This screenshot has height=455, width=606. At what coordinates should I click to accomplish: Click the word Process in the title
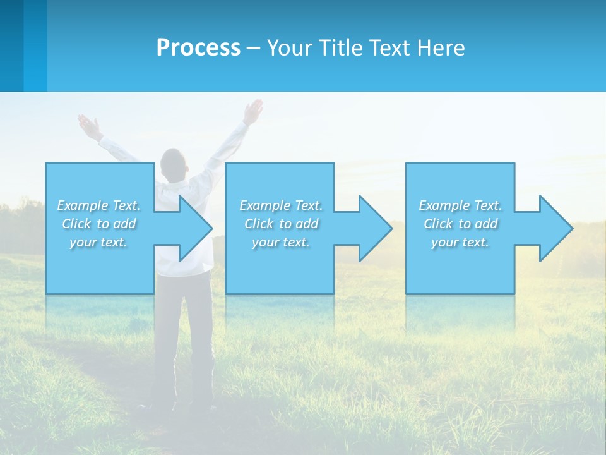[x=198, y=48]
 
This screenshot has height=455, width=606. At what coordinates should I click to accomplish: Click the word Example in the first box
[x=82, y=205]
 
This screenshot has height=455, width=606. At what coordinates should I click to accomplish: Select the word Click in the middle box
[x=258, y=224]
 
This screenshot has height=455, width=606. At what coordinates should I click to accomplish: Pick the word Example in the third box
[x=444, y=205]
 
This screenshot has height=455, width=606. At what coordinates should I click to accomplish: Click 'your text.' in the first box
[x=98, y=242]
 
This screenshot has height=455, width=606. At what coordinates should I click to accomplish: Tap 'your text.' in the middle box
[x=280, y=242]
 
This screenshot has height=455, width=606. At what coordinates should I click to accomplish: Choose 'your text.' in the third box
[x=460, y=242]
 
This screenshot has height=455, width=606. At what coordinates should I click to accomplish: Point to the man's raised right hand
[x=254, y=111]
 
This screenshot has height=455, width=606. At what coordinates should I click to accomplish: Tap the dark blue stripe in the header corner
[x=11, y=45]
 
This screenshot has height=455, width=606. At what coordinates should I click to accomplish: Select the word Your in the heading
[x=289, y=48]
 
